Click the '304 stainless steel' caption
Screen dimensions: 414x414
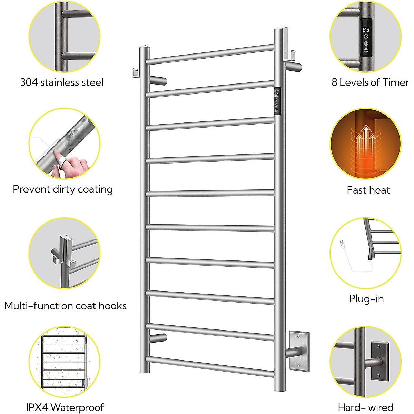tap(62, 82)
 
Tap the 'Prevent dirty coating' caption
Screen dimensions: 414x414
tap(63, 189)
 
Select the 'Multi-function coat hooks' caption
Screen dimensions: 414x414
tap(65, 306)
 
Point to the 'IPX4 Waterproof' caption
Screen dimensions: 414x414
tap(65, 407)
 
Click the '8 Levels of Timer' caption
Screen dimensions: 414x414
tap(370, 82)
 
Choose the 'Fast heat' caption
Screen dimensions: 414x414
tap(368, 190)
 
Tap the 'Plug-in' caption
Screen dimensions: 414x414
tap(366, 299)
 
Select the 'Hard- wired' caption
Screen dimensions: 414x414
tap(366, 407)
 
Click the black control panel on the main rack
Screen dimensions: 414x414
tap(277, 101)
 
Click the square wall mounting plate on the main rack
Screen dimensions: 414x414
tap(299, 351)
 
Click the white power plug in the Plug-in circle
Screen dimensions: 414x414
tap(343, 244)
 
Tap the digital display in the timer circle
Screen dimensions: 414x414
tap(366, 30)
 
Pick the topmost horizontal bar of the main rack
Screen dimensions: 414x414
tap(210, 54)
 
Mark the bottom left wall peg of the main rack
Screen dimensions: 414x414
tap(159, 338)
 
